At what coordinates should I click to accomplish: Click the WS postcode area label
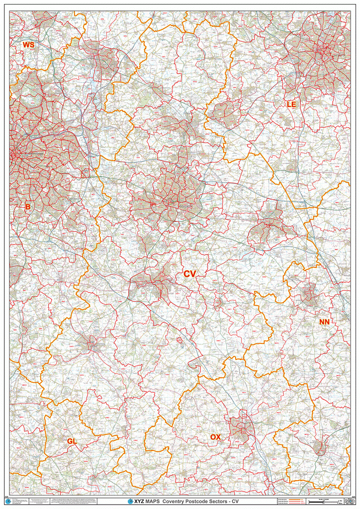tap(29, 45)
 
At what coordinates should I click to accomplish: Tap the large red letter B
tap(28, 206)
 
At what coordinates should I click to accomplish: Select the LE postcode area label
tap(291, 104)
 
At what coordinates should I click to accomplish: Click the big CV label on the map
tap(190, 274)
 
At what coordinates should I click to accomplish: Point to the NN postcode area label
tap(324, 322)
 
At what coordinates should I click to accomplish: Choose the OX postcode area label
tap(215, 437)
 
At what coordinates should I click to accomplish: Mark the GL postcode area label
tap(72, 441)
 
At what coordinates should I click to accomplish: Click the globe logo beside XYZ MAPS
tap(131, 502)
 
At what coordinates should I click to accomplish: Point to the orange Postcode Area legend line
tap(296, 499)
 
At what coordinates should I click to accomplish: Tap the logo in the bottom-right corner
tap(349, 501)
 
